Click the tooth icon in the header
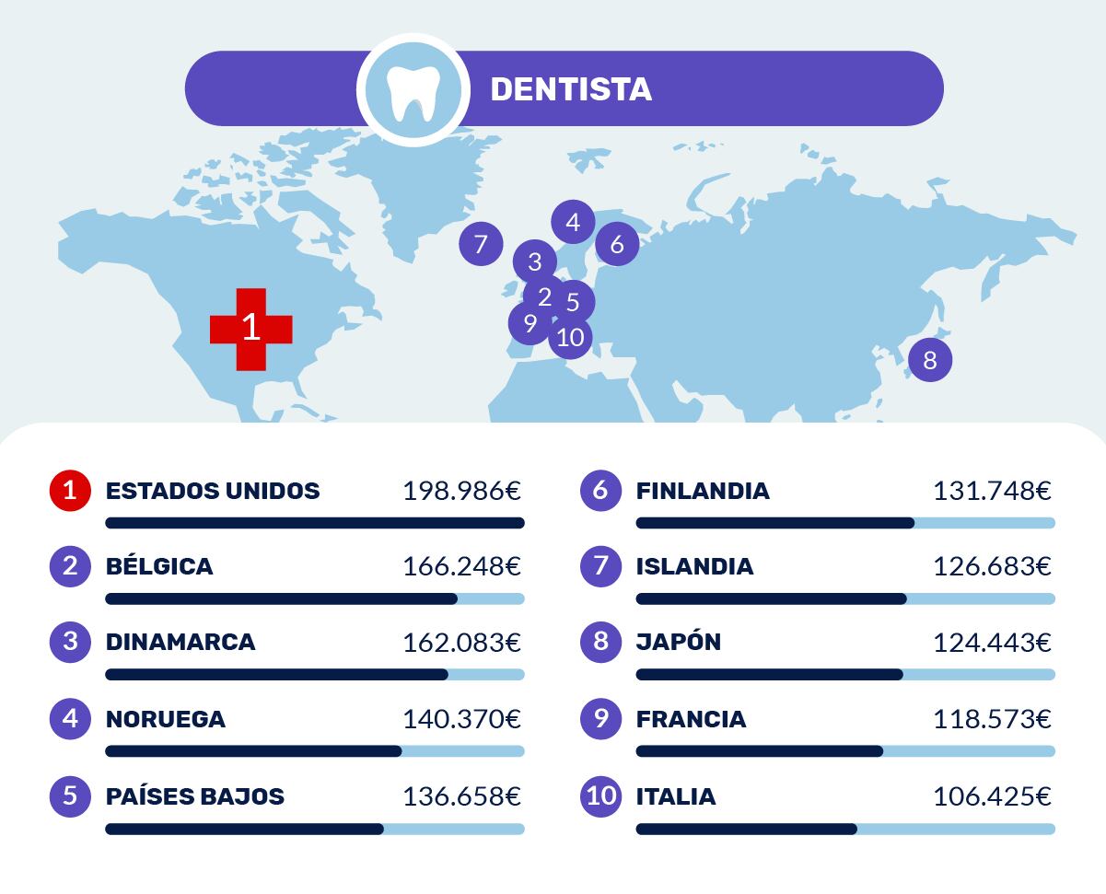pos(407,90)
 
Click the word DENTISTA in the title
pos(571,89)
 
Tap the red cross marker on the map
pos(251,329)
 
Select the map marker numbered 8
pos(929,359)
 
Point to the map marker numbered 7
pos(481,244)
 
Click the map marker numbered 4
pos(574,222)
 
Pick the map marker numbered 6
pos(617,244)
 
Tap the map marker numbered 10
pos(571,337)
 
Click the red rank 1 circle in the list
pos(70,490)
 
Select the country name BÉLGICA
pos(159,566)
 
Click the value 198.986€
pos(461,491)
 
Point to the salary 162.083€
pos(461,643)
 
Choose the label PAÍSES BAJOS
pos(195,796)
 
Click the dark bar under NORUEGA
pos(253,751)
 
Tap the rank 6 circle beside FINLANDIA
pos(601,490)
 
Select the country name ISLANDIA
pos(694,566)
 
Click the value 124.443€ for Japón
pos(992,643)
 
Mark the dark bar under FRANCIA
pos(759,751)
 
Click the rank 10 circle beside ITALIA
pos(601,795)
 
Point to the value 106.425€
pos(992,796)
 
